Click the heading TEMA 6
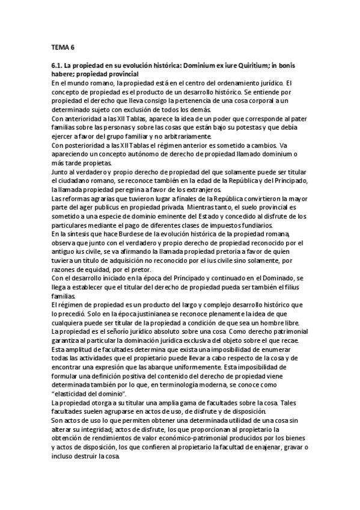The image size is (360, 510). (63, 46)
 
